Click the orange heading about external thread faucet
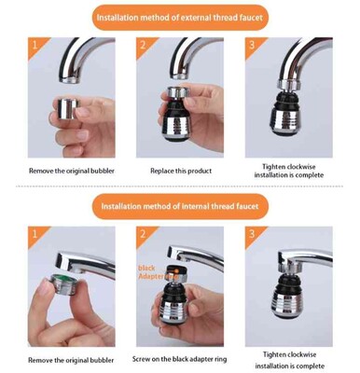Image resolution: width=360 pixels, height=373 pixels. click(x=180, y=18)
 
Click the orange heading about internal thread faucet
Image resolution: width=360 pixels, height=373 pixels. click(x=180, y=206)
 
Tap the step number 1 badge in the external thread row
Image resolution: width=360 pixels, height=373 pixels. click(x=35, y=45)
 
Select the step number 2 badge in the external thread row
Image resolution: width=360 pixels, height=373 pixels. click(x=144, y=45)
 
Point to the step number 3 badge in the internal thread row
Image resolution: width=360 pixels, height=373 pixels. click(x=252, y=233)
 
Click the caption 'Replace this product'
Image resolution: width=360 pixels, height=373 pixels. click(x=181, y=171)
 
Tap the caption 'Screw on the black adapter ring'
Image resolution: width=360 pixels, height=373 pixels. click(x=179, y=359)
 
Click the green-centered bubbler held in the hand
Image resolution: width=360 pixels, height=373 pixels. click(x=63, y=283)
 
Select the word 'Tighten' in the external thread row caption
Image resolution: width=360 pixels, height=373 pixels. click(x=273, y=167)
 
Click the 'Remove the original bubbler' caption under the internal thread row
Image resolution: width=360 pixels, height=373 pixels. click(x=71, y=360)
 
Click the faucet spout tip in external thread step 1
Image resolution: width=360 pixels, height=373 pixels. click(x=71, y=79)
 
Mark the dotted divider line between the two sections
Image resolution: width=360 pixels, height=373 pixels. click(x=180, y=186)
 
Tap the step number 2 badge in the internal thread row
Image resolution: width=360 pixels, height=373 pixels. click(x=144, y=233)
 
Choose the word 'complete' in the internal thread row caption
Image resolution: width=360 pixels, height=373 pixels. click(x=309, y=366)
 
